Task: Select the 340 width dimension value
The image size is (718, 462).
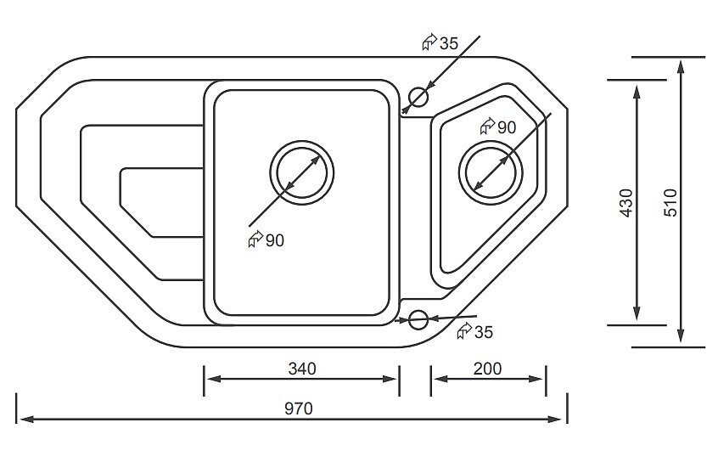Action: pos(301,369)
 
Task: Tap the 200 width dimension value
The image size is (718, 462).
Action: pos(488,369)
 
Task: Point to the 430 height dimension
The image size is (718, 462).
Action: pos(626,204)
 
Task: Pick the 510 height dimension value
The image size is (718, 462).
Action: pos(670,204)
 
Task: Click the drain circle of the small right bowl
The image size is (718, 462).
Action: pos(491,171)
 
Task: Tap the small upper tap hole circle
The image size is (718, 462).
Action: pos(418,97)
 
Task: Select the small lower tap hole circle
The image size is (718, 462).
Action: pos(418,319)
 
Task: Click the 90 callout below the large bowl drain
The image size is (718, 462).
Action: pos(274,240)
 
